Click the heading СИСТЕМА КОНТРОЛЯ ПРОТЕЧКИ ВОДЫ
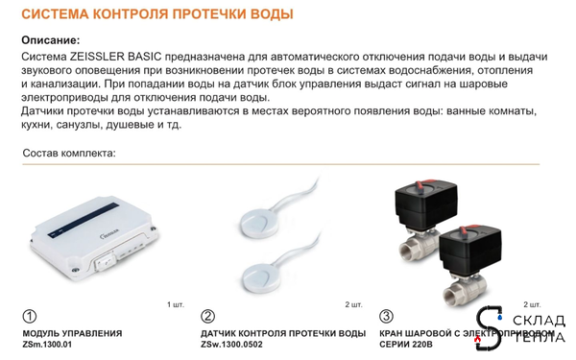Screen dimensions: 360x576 (156, 15)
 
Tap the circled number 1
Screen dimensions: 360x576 (30, 316)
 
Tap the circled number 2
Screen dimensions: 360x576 (208, 316)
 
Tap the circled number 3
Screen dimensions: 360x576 (387, 316)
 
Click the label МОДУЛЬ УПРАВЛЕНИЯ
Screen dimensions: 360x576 (72, 333)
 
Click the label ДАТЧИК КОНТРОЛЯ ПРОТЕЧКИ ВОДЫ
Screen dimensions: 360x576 (283, 333)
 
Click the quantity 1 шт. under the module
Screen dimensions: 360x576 (175, 304)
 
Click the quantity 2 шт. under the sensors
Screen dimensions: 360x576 (353, 304)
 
